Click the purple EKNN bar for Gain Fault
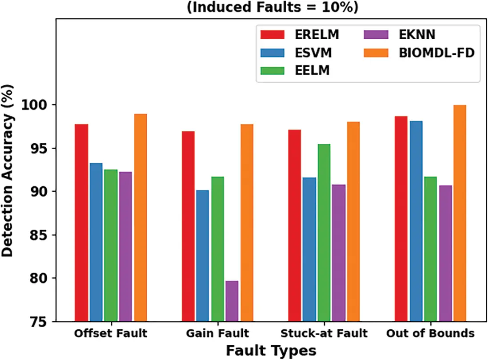click(232, 301)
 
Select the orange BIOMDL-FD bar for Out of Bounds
click(460, 214)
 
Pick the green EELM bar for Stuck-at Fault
click(324, 232)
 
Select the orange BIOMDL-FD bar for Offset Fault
click(140, 218)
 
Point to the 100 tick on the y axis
click(52, 105)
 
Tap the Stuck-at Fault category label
click(324, 333)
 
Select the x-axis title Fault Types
click(271, 350)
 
